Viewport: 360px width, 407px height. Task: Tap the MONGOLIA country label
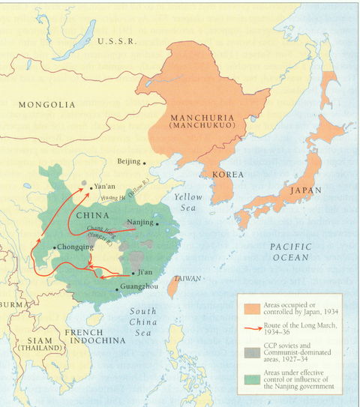tap(47, 104)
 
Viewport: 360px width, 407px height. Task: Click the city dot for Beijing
tap(145, 162)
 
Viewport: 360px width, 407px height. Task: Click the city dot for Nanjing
tap(157, 223)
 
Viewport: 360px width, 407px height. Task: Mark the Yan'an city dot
tap(91, 188)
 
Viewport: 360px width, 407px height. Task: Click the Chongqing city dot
tap(54, 247)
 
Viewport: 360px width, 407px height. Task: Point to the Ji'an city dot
tap(133, 273)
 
